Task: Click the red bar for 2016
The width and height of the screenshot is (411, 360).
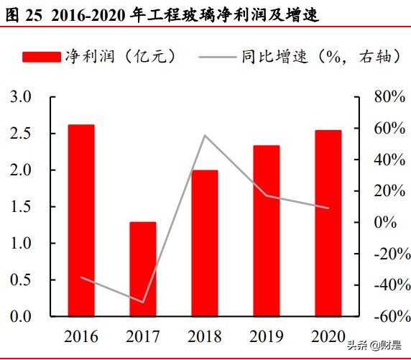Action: point(81,220)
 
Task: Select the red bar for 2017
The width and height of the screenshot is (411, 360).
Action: point(142,269)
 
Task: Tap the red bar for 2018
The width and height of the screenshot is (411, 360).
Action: point(204,243)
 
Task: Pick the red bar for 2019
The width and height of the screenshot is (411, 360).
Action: point(266,231)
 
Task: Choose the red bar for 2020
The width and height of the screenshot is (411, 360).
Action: point(328,223)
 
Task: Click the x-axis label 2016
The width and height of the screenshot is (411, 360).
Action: point(81,336)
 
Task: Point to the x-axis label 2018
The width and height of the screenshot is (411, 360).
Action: point(204,336)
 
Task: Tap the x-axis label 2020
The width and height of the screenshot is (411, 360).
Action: point(328,336)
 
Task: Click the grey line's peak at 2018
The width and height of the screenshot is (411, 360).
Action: point(204,135)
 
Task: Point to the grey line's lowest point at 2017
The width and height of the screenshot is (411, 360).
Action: point(142,302)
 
